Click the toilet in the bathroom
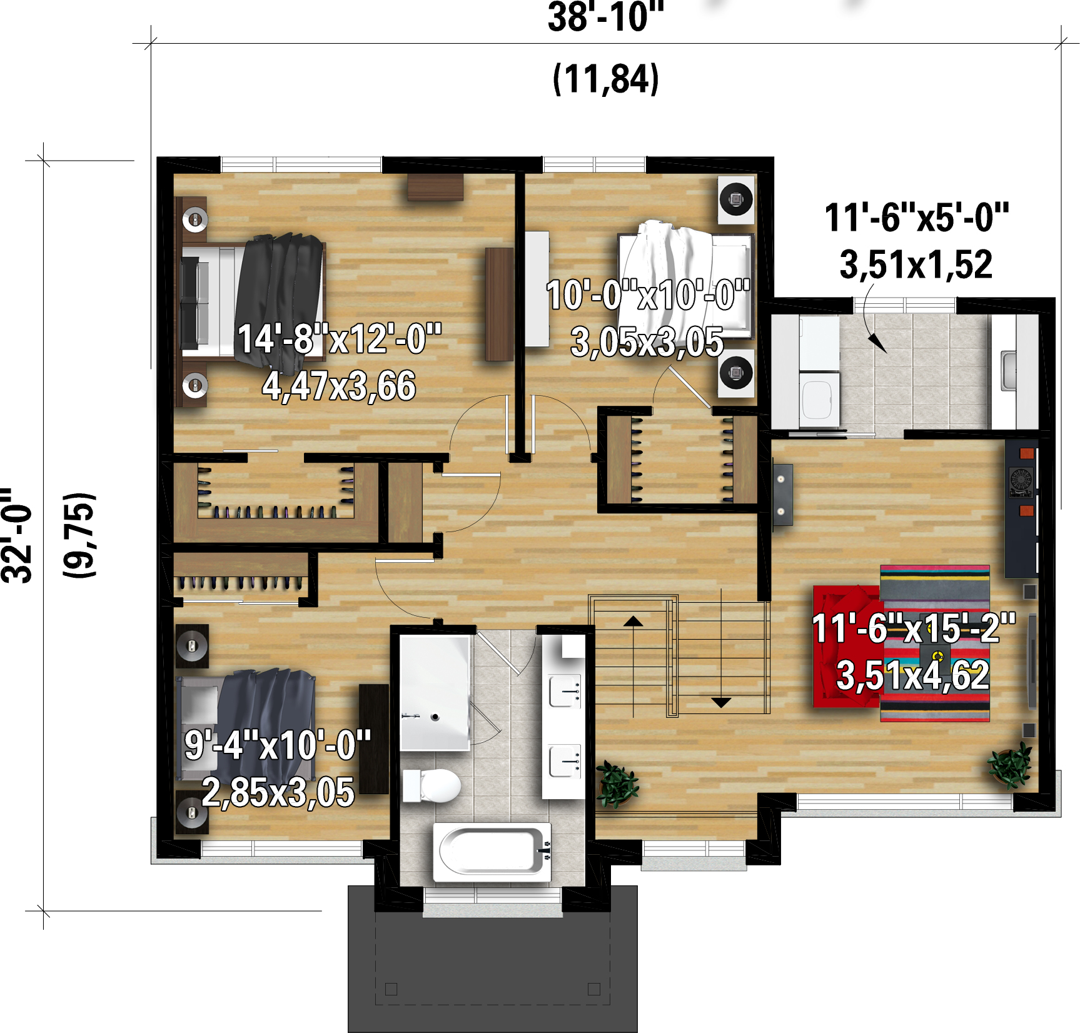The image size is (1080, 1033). (431, 785)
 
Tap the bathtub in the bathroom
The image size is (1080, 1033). (492, 852)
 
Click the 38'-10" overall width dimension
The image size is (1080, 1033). (605, 17)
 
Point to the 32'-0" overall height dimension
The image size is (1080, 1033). (16, 535)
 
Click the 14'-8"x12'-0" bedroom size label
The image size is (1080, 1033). (340, 339)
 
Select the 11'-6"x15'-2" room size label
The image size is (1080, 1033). (913, 628)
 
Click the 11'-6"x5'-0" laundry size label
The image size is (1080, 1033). (916, 217)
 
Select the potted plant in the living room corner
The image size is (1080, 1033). (1009, 764)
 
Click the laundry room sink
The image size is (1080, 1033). (1008, 371)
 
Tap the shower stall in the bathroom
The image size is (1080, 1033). (435, 693)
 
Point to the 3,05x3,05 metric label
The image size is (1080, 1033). (647, 342)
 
